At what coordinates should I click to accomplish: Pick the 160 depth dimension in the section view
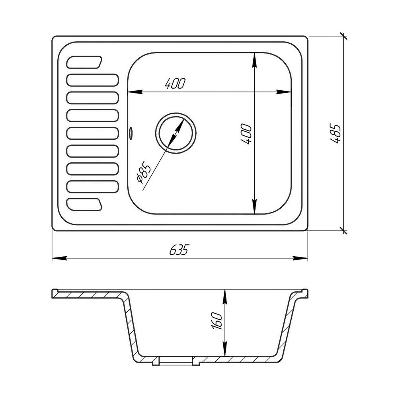point(217,320)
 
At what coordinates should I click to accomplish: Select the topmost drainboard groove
point(84,62)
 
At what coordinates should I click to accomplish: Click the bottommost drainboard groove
point(84,203)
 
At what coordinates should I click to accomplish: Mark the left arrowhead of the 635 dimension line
point(58,258)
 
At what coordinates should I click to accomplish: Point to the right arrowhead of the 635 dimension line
point(302,258)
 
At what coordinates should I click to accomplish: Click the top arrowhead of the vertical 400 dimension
point(254,59)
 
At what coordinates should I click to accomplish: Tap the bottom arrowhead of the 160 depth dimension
point(225,351)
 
